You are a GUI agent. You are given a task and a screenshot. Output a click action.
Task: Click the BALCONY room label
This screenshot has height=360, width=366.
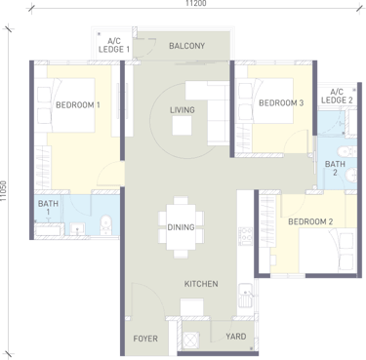coord(186,46)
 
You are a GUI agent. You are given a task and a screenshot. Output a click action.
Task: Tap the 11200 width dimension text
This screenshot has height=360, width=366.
coord(196,4)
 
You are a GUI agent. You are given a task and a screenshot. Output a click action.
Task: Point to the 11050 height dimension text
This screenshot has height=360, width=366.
coord(4,191)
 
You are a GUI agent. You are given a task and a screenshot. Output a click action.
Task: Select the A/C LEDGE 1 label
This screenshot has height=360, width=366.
coord(114,45)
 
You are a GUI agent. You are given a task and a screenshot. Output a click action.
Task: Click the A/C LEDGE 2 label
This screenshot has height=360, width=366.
coord(337,97)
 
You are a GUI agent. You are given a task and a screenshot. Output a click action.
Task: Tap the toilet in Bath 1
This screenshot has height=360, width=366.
coord(105,224)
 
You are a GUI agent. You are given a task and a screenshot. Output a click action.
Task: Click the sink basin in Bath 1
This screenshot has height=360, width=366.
coord(77,229)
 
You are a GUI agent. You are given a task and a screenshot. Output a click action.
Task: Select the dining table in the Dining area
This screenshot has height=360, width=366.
coord(181,227)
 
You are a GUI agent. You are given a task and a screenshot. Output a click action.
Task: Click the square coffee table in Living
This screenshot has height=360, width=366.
coord(182,125)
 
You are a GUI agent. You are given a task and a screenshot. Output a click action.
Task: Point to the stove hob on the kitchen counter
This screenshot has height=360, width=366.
coord(245,236)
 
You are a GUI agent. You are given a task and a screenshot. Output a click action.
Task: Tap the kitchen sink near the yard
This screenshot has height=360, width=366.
coord(245,296)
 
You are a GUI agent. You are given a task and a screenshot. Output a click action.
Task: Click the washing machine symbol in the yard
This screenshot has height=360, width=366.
coord(190,340)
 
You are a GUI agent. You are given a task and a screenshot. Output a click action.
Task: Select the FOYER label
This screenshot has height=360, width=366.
coord(145,339)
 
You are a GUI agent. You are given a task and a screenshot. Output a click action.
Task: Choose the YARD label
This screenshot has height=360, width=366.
coord(236,337)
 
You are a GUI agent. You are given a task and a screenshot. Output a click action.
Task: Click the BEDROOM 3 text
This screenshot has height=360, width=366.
coord(281,103)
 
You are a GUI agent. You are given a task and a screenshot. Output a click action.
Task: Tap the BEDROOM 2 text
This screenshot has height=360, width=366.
coord(310,221)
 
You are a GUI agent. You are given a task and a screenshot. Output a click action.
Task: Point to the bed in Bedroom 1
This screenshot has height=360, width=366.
coord(65,104)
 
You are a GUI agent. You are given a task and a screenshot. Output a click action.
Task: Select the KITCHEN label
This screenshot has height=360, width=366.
coord(201,284)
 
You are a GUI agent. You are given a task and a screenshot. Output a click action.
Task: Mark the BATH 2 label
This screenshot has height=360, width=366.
coord(335,168)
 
